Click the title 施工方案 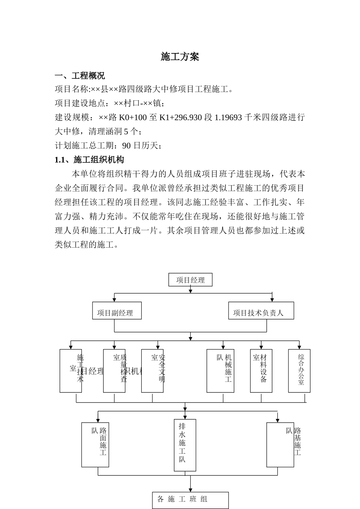(x=180, y=57)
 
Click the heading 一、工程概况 (x=80, y=76)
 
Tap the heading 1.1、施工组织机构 (x=89, y=160)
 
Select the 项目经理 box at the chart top (x=190, y=280)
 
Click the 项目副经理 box (x=117, y=311)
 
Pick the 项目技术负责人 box (x=261, y=311)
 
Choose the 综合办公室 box (x=299, y=371)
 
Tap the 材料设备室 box (x=261, y=371)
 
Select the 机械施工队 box (x=220, y=371)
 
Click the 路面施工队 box (x=95, y=445)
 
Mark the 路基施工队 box (x=280, y=445)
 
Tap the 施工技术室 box (x=71, y=371)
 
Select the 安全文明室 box (x=152, y=371)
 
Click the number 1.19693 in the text (x=228, y=117)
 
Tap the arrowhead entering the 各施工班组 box (x=190, y=490)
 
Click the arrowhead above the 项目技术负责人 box (x=272, y=300)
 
